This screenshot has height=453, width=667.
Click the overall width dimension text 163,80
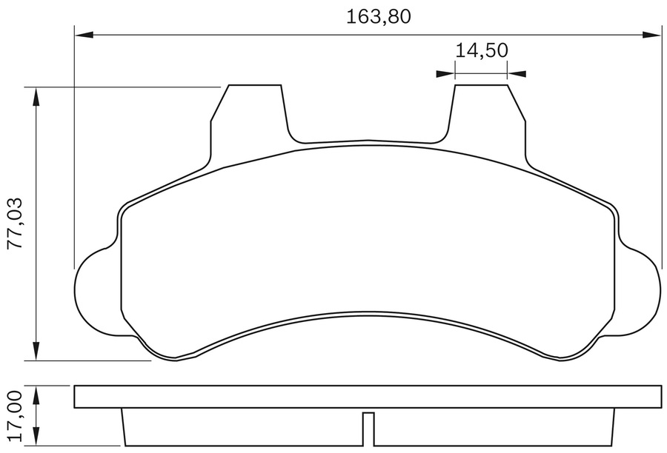click(378, 16)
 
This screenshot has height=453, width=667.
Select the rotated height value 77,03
click(16, 224)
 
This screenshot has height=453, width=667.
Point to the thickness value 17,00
click(16, 417)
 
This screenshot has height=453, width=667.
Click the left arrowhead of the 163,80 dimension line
click(83, 33)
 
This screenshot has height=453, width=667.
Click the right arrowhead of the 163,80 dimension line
click(653, 33)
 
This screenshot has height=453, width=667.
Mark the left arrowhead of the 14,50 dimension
click(445, 73)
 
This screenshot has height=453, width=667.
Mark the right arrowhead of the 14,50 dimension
click(517, 73)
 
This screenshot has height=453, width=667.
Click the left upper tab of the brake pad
click(252, 111)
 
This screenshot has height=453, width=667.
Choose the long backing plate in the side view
click(368, 397)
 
